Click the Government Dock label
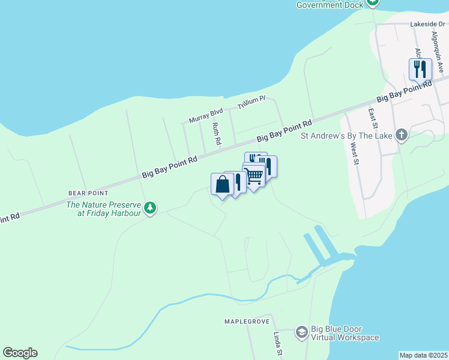click(x=330, y=5)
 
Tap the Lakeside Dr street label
click(x=426, y=25)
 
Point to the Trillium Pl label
click(x=251, y=103)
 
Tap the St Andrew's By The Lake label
click(x=346, y=136)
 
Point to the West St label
click(x=354, y=154)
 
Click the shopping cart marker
click(x=255, y=175)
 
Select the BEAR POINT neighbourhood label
click(x=88, y=193)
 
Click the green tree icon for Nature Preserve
click(x=150, y=208)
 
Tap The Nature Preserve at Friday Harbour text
click(x=103, y=209)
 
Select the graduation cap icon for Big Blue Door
click(x=301, y=332)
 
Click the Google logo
click(x=20, y=353)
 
